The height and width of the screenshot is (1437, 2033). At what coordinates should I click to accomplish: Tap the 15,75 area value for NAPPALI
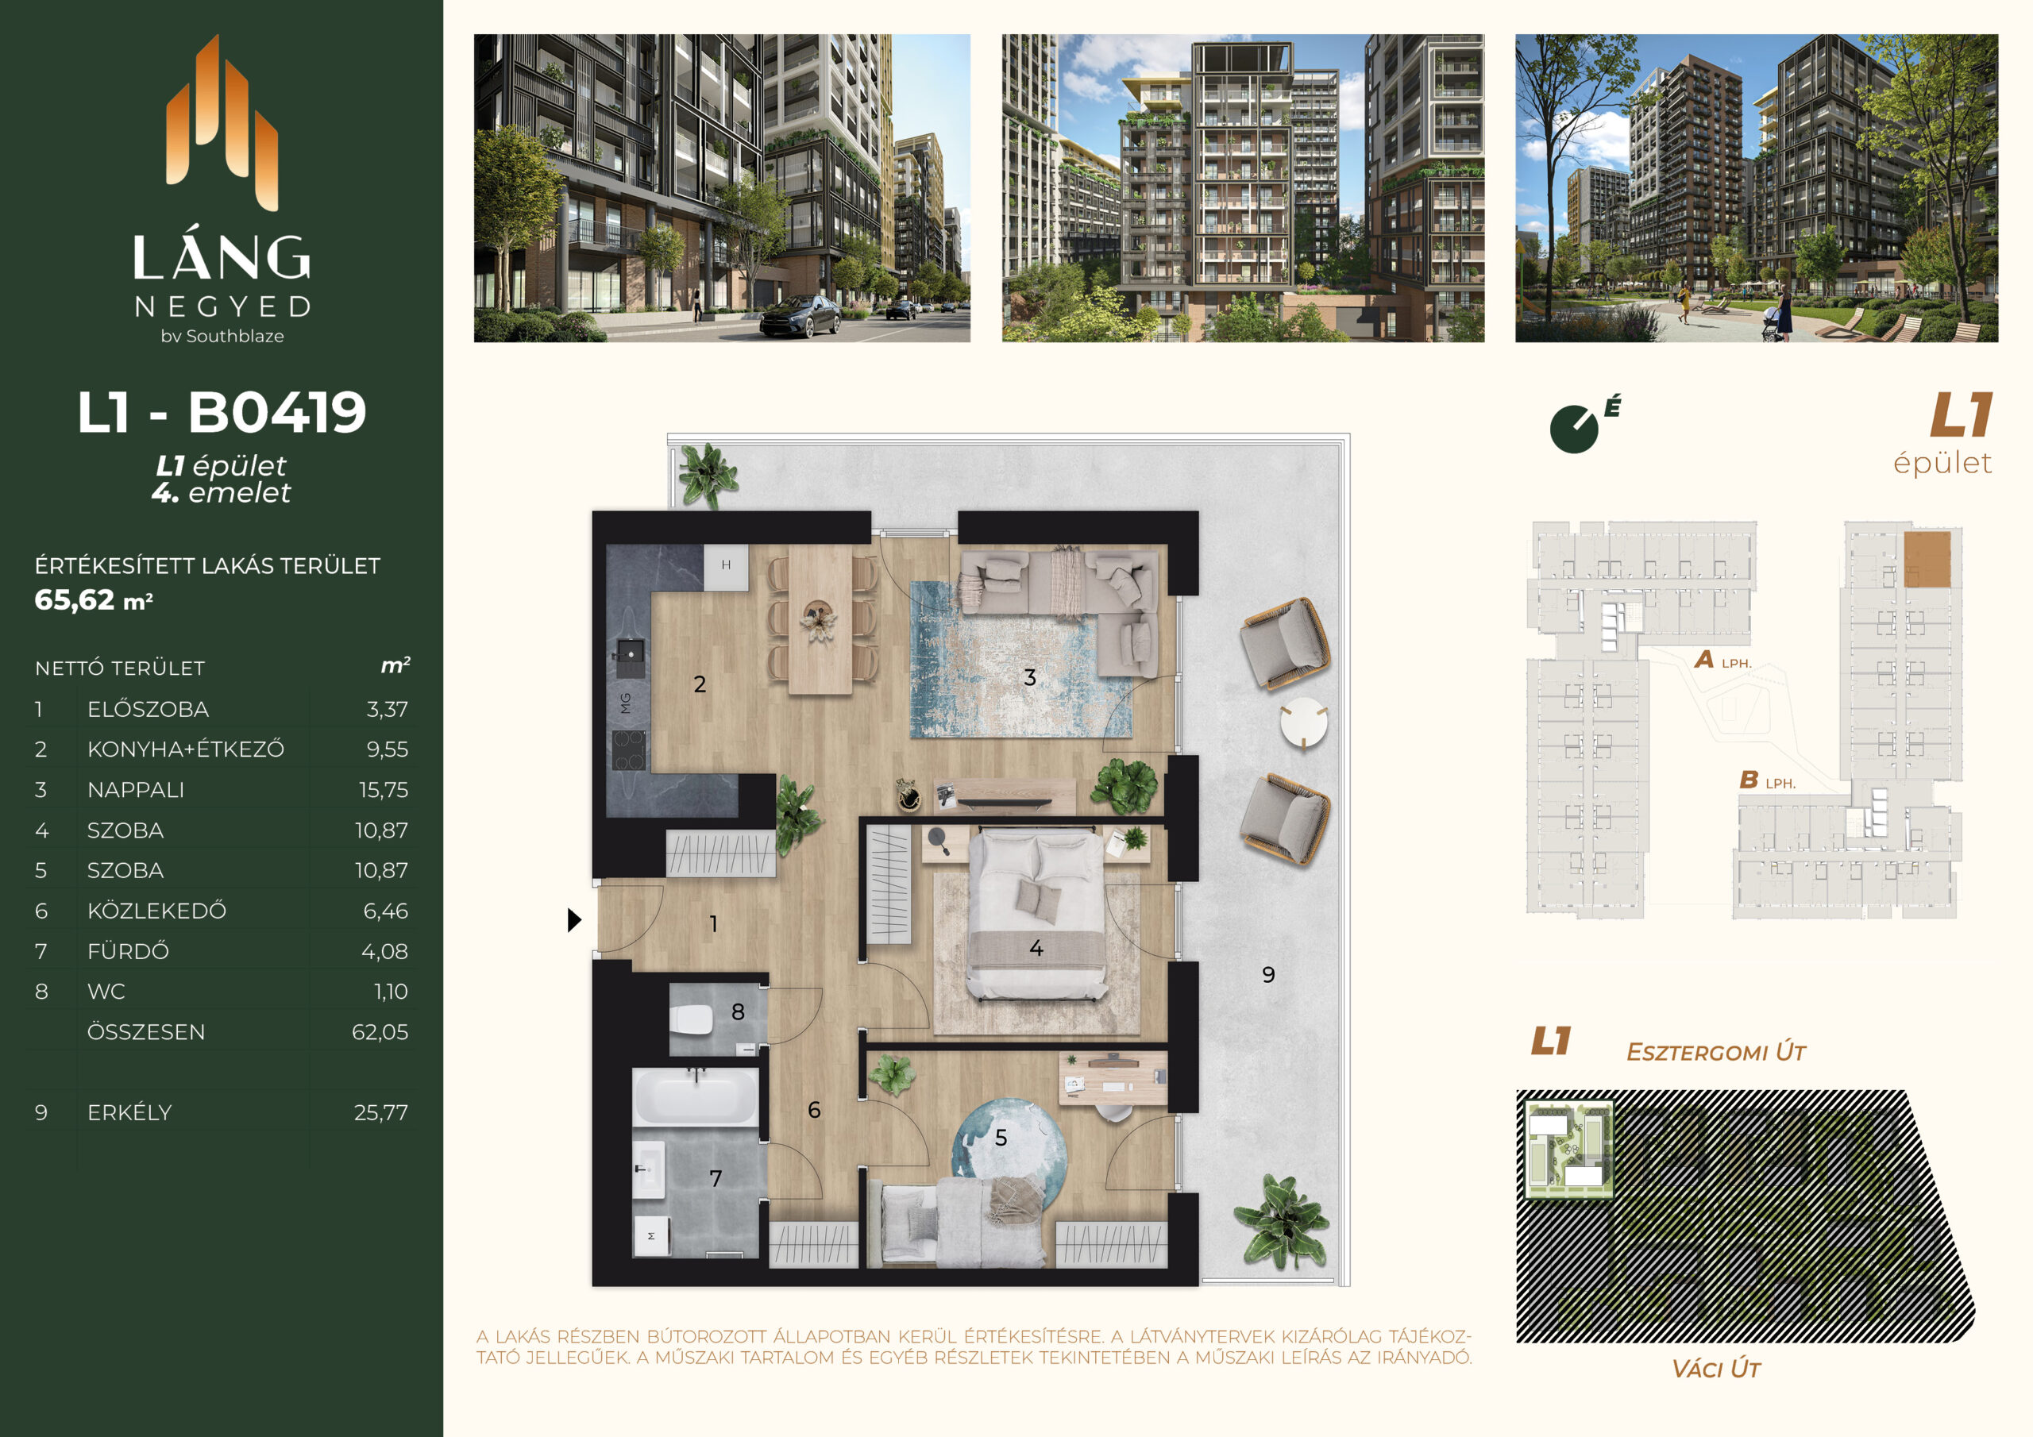coord(384,790)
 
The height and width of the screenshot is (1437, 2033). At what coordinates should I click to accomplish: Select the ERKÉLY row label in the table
coord(129,1112)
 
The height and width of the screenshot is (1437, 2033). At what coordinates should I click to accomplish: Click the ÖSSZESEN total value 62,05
coord(380,1031)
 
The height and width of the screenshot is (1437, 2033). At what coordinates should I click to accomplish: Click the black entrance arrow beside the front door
coord(575,920)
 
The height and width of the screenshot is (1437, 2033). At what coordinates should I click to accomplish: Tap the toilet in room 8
coord(692,1020)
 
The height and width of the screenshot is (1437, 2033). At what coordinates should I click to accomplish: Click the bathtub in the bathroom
coord(696,1097)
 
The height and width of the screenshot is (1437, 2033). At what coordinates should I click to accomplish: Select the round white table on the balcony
coord(1303,723)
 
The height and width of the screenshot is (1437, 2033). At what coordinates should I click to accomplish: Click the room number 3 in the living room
coord(1030,677)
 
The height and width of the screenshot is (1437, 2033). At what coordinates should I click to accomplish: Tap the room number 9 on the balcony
coord(1268,975)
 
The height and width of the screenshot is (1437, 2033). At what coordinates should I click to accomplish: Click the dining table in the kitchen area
coord(820,619)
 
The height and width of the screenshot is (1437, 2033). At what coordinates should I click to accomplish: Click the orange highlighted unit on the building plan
coord(1927,559)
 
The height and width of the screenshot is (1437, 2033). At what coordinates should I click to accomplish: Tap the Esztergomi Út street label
coord(1716,1052)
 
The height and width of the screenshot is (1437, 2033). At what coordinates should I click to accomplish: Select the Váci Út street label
coord(1716,1369)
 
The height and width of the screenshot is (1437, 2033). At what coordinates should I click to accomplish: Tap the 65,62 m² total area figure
coord(94,599)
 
